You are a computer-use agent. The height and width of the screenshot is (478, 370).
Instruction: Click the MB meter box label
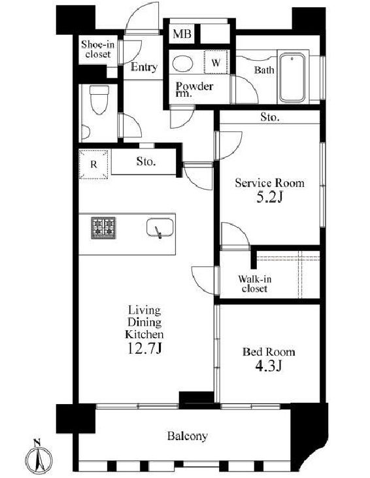click(182, 33)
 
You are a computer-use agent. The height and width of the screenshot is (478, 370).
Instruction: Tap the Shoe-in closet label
click(97, 50)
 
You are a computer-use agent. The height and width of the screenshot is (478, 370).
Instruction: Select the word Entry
click(144, 67)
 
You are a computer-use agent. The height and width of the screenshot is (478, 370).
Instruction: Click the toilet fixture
click(99, 99)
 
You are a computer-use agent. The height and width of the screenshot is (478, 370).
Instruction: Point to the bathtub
click(292, 78)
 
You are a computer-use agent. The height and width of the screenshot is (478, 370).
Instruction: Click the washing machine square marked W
click(216, 62)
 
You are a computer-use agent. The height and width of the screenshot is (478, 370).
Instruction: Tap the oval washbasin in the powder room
click(182, 63)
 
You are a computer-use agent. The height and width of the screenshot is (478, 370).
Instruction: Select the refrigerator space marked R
click(93, 164)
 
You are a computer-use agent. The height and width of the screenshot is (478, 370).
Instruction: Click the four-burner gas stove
click(103, 228)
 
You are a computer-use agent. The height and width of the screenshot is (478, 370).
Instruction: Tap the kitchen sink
click(160, 228)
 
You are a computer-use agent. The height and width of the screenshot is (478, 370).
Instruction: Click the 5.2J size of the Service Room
click(269, 197)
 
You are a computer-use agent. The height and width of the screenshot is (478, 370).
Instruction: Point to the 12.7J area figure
click(144, 348)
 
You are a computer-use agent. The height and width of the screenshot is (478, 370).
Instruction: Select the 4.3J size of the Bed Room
click(269, 366)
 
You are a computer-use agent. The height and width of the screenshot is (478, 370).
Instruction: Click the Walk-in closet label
click(254, 284)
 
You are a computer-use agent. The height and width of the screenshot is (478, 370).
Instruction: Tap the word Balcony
click(188, 436)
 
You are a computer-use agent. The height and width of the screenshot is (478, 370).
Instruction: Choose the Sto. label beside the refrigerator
click(146, 162)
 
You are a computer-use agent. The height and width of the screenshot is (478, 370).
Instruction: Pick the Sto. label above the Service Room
click(270, 117)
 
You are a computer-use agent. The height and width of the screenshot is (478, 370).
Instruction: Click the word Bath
click(264, 70)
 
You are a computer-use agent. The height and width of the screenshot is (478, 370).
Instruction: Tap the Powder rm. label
click(194, 90)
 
